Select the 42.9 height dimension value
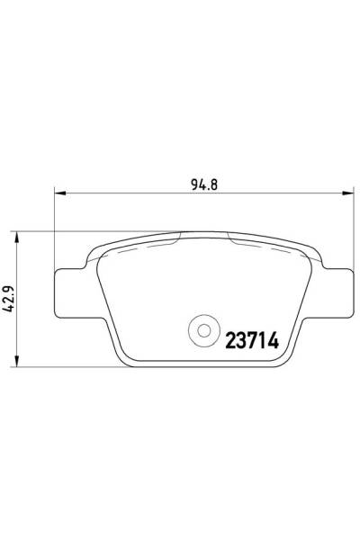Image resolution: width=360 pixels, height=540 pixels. [x=12, y=298]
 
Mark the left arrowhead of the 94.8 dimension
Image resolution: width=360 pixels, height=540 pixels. [x=60, y=193]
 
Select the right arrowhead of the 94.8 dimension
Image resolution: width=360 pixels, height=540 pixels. [x=348, y=193]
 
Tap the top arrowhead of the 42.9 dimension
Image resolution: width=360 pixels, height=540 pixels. [x=20, y=235]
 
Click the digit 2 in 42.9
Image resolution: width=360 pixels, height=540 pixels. [x=12, y=301]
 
